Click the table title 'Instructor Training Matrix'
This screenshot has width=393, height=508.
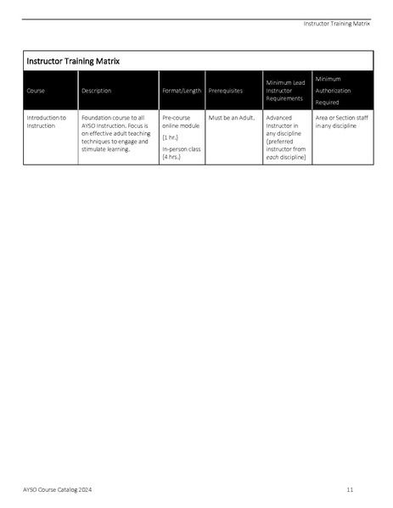pos(73,61)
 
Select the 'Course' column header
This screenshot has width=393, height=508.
pos(36,91)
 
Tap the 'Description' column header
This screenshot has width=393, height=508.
pos(96,91)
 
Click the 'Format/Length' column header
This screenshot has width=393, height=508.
pos(182,91)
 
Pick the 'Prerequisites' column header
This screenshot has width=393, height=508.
pos(225,91)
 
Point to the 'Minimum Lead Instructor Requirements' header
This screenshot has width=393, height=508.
pos(285,91)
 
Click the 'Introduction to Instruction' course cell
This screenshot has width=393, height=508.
pos(46,121)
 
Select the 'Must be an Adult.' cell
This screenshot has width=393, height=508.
pos(232,117)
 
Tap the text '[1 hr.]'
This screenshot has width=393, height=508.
pos(171,137)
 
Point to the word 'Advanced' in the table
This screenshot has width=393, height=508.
pos(279,117)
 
